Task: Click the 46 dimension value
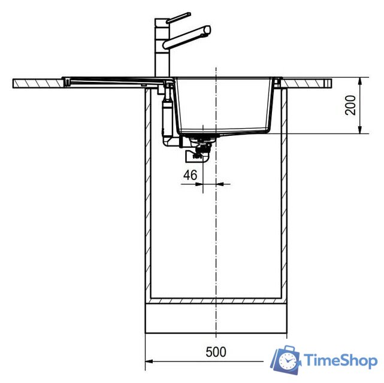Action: click(190, 175)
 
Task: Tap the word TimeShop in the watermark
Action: click(340, 360)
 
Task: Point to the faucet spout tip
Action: click(207, 29)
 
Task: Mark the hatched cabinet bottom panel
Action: click(216, 300)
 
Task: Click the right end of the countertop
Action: click(329, 82)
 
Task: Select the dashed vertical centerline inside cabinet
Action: click(215, 239)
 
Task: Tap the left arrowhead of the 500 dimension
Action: click(149, 361)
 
